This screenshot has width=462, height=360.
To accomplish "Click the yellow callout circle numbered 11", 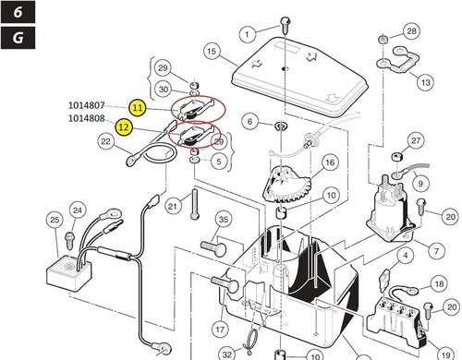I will pos(138,108).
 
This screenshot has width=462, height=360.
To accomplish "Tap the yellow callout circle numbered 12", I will pos(123,126).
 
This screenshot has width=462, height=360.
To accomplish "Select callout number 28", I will pos(411,31).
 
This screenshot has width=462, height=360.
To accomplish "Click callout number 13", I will pos(426,82).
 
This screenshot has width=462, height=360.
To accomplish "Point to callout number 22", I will pos(106,141).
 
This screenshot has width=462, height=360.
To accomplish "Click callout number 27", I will pos(416,140).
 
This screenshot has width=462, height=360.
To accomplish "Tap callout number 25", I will pos(55,219).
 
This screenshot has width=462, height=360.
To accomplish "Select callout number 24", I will pos(78,210).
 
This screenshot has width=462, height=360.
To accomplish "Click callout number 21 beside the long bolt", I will pos(172,206).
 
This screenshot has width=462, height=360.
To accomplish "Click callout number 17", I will pos(220,328).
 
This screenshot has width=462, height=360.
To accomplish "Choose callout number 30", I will pos(163,89).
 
